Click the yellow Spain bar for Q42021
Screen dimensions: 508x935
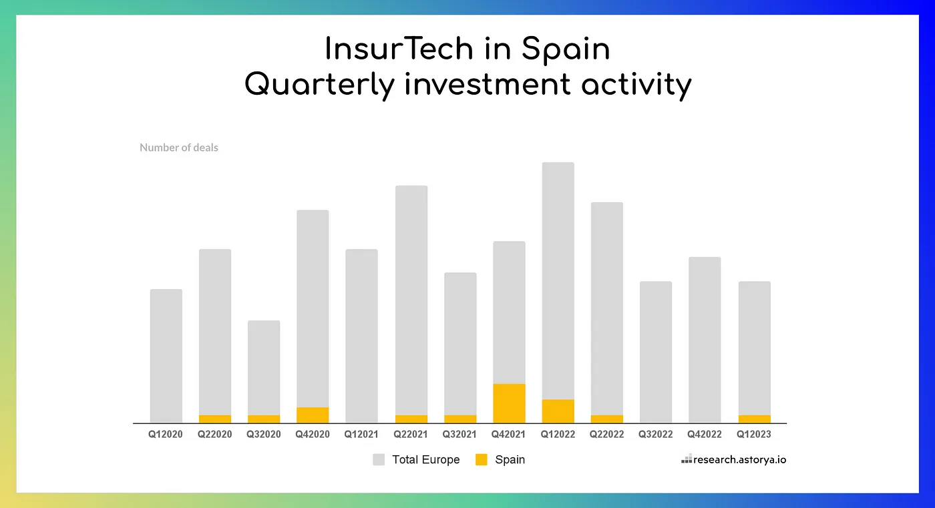[x=509, y=403]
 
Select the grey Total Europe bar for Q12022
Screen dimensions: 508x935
[x=558, y=280]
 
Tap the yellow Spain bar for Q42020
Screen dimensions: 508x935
[x=313, y=415]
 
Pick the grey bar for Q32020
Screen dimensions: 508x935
[x=264, y=367]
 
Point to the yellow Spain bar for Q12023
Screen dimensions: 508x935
[x=754, y=419]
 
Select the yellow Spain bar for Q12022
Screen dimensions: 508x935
[x=558, y=411]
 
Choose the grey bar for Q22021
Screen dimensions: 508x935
[x=411, y=300]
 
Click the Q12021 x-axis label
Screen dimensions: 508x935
[x=361, y=435]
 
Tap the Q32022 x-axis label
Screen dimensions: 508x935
[x=656, y=435]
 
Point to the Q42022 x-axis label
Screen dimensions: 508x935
[x=705, y=435]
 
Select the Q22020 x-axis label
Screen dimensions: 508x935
[x=215, y=435]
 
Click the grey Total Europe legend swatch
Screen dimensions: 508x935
[x=379, y=459]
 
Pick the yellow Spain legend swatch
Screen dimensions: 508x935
[x=481, y=459]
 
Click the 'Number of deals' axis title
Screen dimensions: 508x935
[x=179, y=148]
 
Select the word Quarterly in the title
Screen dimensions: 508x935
[x=320, y=85]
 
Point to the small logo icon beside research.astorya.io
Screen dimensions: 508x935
[x=686, y=459]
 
